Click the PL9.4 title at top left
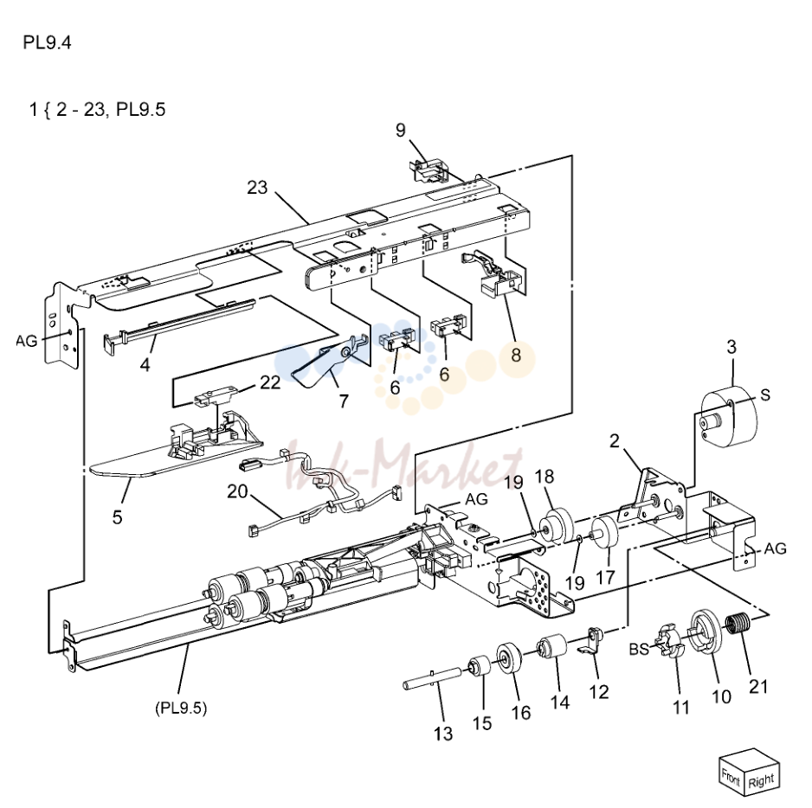tap(47, 42)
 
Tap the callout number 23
tap(257, 188)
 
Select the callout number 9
tap(400, 130)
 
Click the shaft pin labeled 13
tap(432, 678)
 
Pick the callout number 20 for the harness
tap(237, 491)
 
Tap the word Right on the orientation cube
tap(761, 780)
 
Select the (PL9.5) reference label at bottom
tap(181, 708)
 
